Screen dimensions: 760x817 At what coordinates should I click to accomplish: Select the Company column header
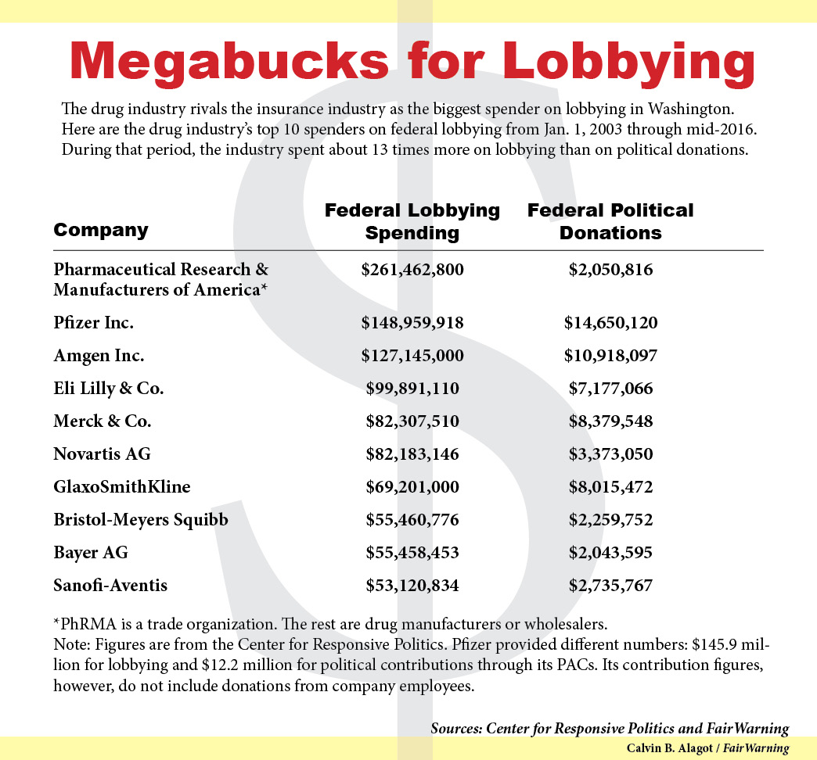pyautogui.click(x=100, y=230)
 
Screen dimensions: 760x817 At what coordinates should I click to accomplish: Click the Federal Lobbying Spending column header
pyautogui.click(x=412, y=221)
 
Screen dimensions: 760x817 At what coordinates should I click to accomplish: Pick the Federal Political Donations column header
pyautogui.click(x=610, y=221)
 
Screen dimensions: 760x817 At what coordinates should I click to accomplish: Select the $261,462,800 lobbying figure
pyautogui.click(x=412, y=271)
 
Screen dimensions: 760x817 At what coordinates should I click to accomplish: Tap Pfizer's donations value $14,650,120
pyautogui.click(x=610, y=323)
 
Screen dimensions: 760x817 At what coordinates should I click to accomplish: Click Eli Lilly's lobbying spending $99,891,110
pyautogui.click(x=412, y=389)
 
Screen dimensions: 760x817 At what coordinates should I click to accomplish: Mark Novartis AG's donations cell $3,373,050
pyautogui.click(x=610, y=454)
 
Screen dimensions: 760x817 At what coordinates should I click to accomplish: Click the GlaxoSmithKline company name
pyautogui.click(x=122, y=487)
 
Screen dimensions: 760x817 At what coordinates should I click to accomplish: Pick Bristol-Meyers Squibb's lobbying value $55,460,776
pyautogui.click(x=412, y=520)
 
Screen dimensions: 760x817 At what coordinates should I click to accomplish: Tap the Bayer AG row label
pyautogui.click(x=91, y=553)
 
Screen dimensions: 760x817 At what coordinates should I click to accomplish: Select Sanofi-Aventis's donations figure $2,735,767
pyautogui.click(x=610, y=586)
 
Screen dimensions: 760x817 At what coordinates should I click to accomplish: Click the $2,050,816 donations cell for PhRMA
pyautogui.click(x=610, y=271)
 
